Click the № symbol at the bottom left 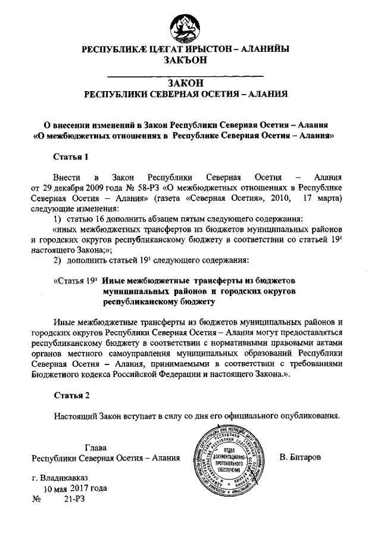coord(35,500)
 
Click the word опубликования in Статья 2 coord(310,416)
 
